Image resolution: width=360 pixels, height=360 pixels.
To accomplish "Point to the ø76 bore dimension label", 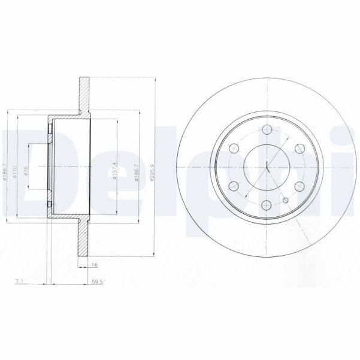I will pyautogui.click(x=26, y=168).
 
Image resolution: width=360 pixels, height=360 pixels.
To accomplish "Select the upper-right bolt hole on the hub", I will pyautogui.click(x=298, y=147).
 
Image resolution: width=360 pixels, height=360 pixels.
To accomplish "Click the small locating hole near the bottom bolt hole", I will pyautogui.click(x=286, y=199).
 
